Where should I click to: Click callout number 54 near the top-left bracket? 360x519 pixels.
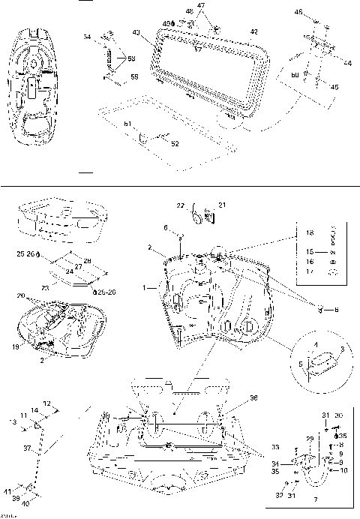pyautogui.click(x=87, y=37)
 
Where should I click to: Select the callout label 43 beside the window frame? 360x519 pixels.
pyautogui.click(x=135, y=32)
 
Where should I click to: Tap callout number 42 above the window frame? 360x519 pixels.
pyautogui.click(x=254, y=31)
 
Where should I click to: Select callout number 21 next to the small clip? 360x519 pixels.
pyautogui.click(x=221, y=205)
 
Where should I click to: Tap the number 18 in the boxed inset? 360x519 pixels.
pyautogui.click(x=309, y=234)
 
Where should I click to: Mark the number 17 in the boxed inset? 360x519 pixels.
pyautogui.click(x=309, y=274)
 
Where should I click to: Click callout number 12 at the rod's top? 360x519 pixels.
pyautogui.click(x=46, y=403)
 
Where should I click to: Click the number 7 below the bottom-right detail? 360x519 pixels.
pyautogui.click(x=313, y=499)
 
